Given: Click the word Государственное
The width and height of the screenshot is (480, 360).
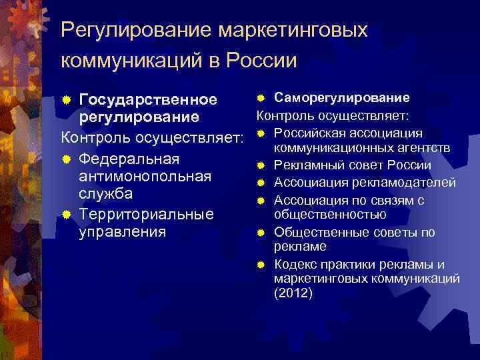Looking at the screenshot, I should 148,100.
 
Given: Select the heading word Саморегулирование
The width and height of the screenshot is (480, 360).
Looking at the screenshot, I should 342,98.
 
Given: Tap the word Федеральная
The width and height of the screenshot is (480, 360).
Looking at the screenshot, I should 129,159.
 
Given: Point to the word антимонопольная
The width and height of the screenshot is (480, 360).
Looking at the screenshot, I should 145,176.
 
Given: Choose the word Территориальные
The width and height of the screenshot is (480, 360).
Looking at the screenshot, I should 147,214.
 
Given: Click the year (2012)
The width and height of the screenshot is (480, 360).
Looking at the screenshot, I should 293,293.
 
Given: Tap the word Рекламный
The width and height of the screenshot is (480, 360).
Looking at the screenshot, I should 305,165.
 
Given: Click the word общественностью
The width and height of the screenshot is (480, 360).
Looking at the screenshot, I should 330,215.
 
